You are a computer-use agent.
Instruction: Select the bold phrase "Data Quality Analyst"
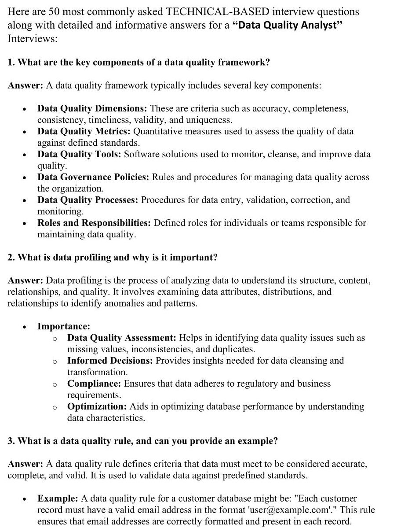[x=287, y=25]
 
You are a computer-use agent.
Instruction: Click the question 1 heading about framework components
[x=138, y=62]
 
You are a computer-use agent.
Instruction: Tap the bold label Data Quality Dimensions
[x=92, y=108]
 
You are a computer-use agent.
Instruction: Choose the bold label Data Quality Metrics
[x=84, y=131]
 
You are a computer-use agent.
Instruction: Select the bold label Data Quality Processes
[x=88, y=200]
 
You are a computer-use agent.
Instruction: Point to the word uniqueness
[x=209, y=120]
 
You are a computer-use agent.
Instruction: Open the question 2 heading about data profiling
[x=113, y=258]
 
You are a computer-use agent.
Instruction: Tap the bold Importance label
[x=64, y=326]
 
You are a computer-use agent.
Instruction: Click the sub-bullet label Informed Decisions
[x=110, y=361]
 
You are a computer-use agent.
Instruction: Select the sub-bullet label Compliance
[x=94, y=384]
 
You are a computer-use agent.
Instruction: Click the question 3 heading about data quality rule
[x=142, y=441]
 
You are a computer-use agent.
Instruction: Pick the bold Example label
[x=58, y=498]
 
